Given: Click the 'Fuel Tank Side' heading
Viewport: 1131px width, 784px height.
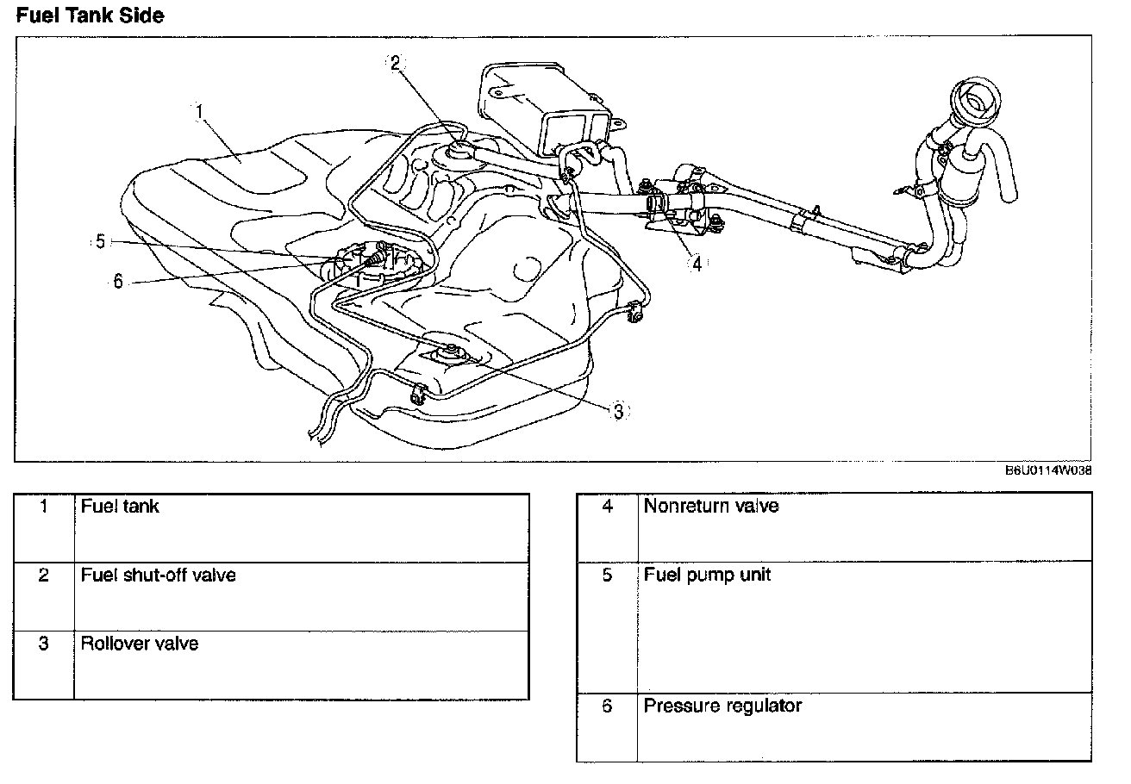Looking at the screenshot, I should (x=90, y=15).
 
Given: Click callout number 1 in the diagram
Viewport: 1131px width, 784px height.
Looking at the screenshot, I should (x=199, y=111).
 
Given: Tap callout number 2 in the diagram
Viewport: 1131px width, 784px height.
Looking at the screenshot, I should (x=395, y=62).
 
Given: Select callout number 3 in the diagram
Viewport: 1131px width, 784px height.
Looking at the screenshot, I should (x=617, y=411).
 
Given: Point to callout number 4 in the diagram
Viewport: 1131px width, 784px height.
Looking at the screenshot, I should (x=697, y=264).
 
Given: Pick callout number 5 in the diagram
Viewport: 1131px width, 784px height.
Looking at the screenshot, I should (x=101, y=242).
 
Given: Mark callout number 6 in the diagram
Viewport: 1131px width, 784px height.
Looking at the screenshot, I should (x=118, y=281).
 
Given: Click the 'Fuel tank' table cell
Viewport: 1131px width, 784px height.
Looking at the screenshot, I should (x=120, y=507).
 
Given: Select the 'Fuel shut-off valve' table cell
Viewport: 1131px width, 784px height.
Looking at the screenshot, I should (x=158, y=575).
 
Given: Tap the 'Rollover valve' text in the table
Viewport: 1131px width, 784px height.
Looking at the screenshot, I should (x=140, y=644).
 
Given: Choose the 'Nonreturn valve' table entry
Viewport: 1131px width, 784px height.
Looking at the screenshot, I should (x=710, y=507).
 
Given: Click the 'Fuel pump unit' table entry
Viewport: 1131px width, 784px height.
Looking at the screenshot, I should (x=707, y=575).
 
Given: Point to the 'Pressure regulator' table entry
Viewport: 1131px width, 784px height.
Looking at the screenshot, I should (x=722, y=706).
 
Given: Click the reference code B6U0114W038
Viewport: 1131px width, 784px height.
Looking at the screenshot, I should (x=1048, y=470).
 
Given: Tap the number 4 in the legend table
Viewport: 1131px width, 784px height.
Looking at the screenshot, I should (x=607, y=507).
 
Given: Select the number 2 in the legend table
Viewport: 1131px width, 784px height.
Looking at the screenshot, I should (x=44, y=575).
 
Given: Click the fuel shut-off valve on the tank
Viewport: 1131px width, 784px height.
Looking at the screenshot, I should (x=459, y=154).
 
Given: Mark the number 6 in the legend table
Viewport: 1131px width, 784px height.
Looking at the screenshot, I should (x=607, y=706).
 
